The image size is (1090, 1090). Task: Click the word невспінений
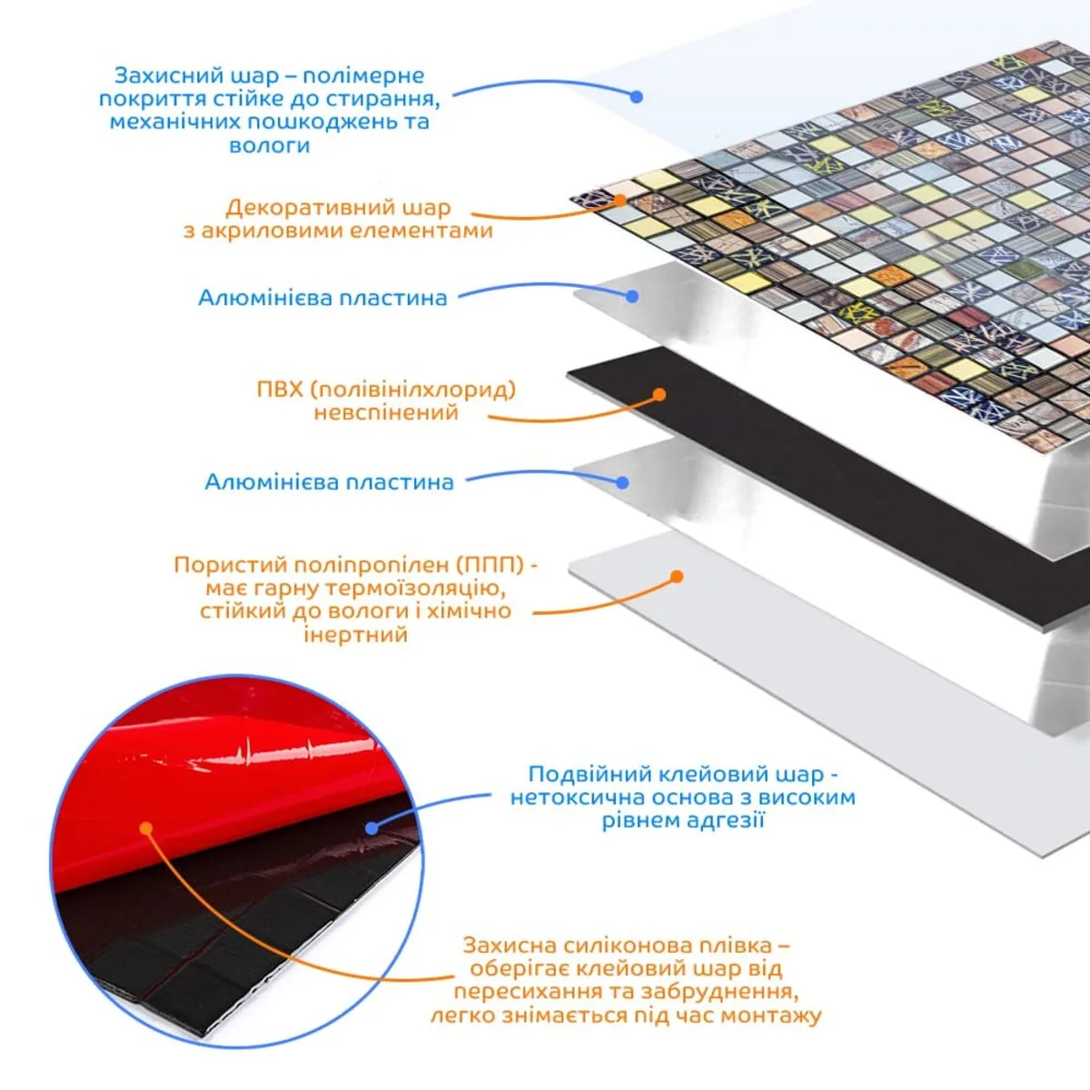coord(386,412)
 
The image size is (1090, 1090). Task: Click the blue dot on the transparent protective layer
coord(637,96)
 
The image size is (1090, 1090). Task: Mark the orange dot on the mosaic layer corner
coord(620,200)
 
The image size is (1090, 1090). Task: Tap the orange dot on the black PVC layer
coord(659,394)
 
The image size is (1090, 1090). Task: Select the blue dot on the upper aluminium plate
coord(632,296)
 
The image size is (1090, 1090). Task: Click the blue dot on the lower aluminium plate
coord(622,482)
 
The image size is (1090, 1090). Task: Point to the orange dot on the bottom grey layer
coord(677,577)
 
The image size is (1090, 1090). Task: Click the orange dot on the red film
coord(146,828)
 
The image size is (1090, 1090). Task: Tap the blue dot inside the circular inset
coord(372,828)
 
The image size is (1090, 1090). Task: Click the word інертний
coord(356,634)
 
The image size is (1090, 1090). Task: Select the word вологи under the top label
coord(269,145)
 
